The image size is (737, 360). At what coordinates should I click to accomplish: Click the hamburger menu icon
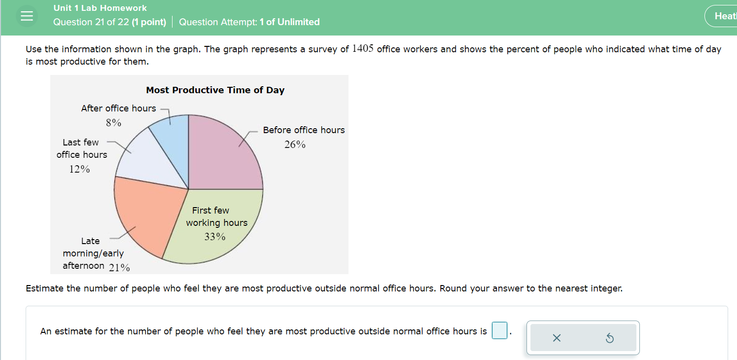(27, 16)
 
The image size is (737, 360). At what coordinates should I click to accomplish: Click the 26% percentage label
(295, 144)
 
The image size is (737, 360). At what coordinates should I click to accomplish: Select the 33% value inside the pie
(215, 237)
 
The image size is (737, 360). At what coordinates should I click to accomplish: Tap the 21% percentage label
(119, 268)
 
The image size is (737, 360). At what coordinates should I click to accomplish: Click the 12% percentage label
(79, 169)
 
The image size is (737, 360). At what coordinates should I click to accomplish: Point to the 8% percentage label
(113, 123)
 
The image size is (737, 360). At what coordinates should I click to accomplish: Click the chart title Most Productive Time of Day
(215, 90)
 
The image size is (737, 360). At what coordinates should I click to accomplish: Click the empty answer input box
(499, 331)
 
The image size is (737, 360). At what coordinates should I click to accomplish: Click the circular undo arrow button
(609, 338)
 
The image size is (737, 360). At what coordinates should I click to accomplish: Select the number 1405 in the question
(363, 49)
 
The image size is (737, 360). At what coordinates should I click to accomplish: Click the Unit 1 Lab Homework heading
(100, 8)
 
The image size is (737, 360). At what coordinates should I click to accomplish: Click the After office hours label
(118, 108)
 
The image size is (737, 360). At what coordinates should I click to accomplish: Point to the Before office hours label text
(304, 130)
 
